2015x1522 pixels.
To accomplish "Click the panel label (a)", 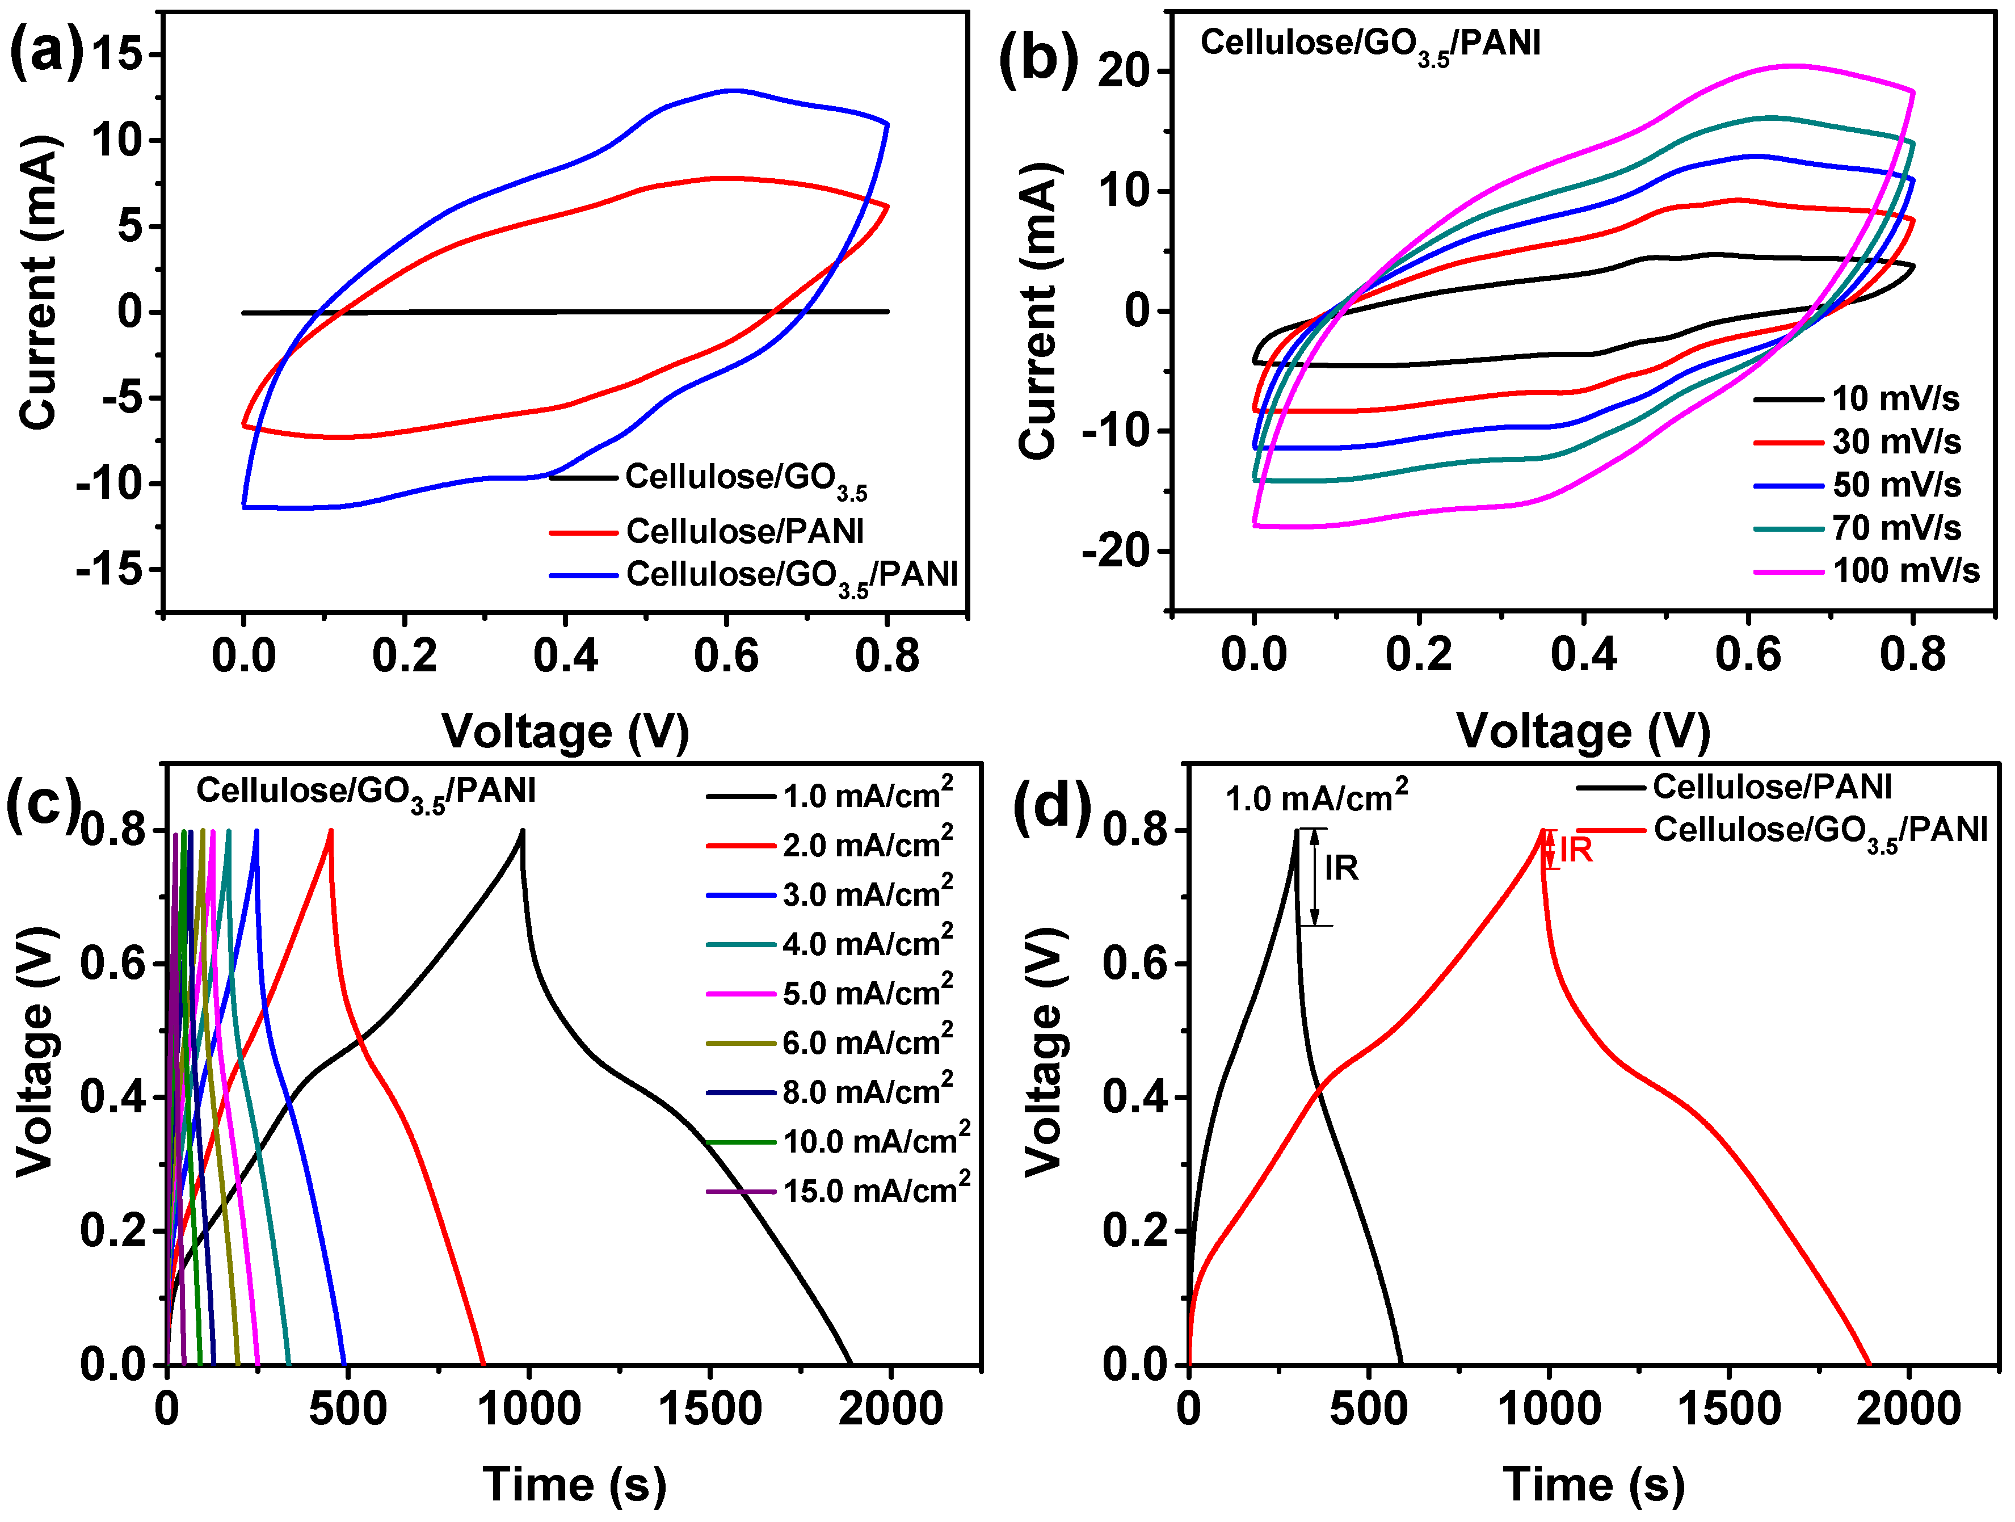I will [45, 50].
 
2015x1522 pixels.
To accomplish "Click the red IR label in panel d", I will [1575, 850].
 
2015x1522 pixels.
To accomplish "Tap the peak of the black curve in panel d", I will [1296, 830].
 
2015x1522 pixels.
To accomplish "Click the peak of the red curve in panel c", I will [331, 830].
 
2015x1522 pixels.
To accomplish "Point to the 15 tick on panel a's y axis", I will [116, 54].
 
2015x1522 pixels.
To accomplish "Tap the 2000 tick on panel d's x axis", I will [1908, 1409].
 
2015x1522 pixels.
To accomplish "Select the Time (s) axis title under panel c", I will [574, 1485].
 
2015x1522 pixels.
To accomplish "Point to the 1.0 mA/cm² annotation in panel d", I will [1316, 797].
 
